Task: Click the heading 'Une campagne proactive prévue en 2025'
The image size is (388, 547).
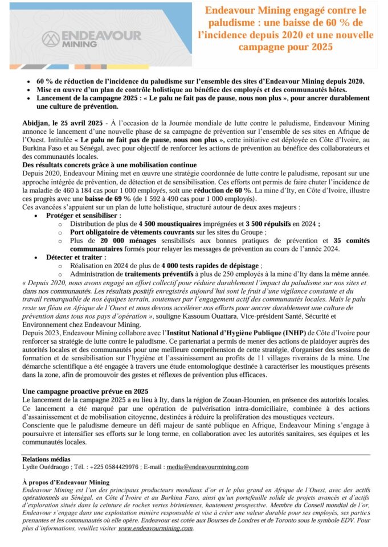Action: [85, 391]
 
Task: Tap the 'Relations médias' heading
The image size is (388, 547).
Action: [46, 458]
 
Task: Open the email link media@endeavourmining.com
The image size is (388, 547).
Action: [207, 467]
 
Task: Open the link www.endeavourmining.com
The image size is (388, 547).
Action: [156, 528]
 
